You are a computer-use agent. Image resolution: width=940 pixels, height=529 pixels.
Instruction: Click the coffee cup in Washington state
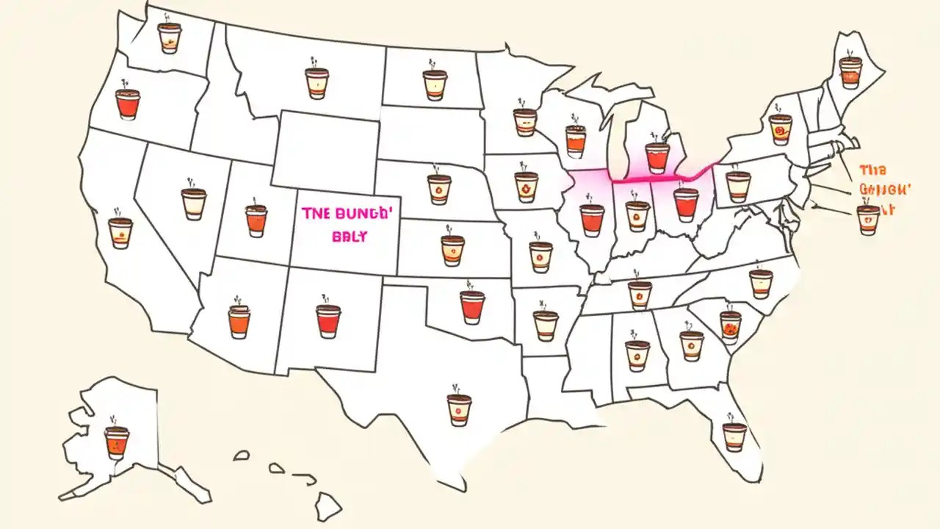click(170, 37)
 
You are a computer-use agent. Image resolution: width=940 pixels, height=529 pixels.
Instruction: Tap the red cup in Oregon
click(128, 104)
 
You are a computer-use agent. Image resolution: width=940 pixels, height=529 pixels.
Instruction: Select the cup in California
click(120, 232)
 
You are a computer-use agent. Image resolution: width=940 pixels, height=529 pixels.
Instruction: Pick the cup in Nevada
click(194, 204)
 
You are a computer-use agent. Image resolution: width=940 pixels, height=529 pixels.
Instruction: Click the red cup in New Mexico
click(328, 320)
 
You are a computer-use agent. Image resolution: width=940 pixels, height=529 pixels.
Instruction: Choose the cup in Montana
click(317, 83)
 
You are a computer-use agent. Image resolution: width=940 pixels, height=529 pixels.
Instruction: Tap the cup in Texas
click(459, 409)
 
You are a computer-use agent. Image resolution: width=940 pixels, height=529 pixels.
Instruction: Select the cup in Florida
click(734, 436)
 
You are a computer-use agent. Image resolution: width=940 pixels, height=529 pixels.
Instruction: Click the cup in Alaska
click(117, 442)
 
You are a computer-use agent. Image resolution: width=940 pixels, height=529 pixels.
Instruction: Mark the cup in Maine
click(850, 72)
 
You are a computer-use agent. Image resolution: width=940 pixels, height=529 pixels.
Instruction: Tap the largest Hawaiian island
click(328, 506)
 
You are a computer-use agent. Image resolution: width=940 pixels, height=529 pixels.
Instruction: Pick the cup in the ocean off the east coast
click(868, 219)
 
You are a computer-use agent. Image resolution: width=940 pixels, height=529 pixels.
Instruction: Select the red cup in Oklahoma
click(473, 306)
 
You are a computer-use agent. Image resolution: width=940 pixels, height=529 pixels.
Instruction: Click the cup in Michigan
click(657, 156)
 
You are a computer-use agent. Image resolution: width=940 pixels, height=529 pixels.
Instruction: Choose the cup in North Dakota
click(435, 84)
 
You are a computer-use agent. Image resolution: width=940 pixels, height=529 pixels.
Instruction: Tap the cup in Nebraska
click(439, 188)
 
